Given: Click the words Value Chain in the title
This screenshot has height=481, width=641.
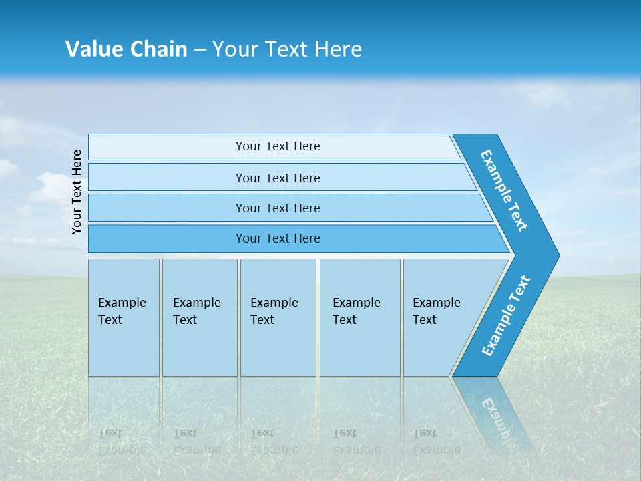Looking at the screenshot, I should pyautogui.click(x=126, y=49).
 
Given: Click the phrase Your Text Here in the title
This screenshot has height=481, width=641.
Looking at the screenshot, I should pyautogui.click(x=287, y=49).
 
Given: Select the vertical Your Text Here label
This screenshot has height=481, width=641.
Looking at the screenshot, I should pyautogui.click(x=77, y=192).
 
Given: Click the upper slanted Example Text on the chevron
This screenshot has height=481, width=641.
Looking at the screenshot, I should pyautogui.click(x=504, y=190).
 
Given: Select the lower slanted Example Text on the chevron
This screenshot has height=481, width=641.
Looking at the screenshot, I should pyautogui.click(x=505, y=316).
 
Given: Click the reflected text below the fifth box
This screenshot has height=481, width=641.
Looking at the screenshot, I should pyautogui.click(x=435, y=442).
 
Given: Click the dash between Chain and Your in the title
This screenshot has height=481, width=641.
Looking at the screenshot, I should pyautogui.click(x=200, y=50).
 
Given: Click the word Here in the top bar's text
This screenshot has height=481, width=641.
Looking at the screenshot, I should pyautogui.click(x=307, y=146).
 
